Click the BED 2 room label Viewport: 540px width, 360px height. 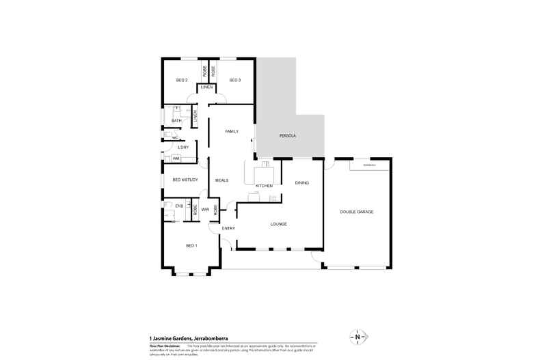182,81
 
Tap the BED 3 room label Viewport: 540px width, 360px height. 234,81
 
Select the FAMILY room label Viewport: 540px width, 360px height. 232,130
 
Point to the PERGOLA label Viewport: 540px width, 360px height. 287,136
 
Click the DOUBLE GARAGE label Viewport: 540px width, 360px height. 357,212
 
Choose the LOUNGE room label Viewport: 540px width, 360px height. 278,224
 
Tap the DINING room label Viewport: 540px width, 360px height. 302,182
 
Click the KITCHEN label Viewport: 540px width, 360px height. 265,186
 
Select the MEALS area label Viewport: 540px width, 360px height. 221,180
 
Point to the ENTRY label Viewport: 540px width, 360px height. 228,228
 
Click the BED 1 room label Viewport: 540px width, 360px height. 191,245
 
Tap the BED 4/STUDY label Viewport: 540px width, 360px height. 185,180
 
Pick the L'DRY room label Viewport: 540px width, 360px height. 183,148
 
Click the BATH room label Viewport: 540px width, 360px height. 176,121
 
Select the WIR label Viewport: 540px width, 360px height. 205,209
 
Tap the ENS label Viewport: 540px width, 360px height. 179,206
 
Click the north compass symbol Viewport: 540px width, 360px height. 357,337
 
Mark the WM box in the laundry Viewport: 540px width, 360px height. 176,158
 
